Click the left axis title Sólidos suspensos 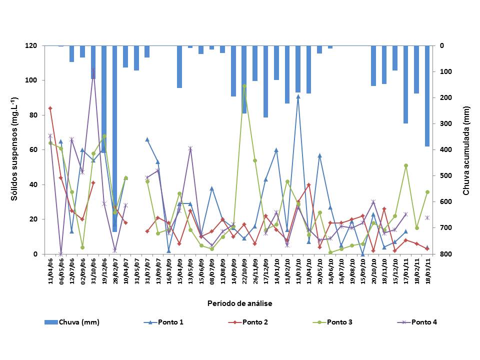15,149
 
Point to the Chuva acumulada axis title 466,150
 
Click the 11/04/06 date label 50,270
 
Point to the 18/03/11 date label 427,270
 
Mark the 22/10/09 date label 244,270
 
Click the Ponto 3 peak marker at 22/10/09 244,86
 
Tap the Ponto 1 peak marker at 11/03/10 298,96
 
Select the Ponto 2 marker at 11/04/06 50,108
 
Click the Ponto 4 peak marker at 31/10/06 93,70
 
